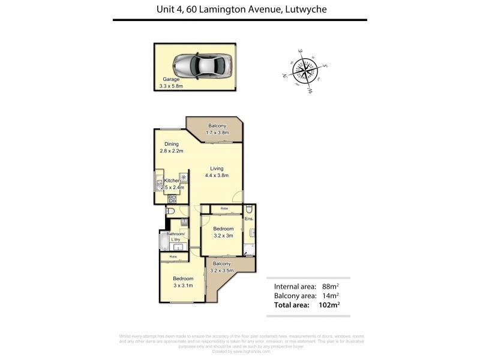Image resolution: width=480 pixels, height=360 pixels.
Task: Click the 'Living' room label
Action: pos(217,169)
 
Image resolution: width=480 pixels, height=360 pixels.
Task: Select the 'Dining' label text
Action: pos(172,144)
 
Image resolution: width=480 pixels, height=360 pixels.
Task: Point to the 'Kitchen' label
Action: pos(172,181)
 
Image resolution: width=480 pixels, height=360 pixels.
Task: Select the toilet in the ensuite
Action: pos(249,209)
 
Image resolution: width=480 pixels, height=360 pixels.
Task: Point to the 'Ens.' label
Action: pos(250,219)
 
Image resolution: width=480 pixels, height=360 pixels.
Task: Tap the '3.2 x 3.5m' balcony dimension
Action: pos(222,271)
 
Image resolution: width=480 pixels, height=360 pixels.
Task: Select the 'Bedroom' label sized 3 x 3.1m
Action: pos(183,278)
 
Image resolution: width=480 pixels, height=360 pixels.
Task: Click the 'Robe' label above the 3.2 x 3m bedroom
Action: pos(224,208)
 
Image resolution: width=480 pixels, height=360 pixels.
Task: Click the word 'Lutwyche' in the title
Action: pos(306,9)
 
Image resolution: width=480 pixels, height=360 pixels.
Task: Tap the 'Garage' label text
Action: pos(171,79)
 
